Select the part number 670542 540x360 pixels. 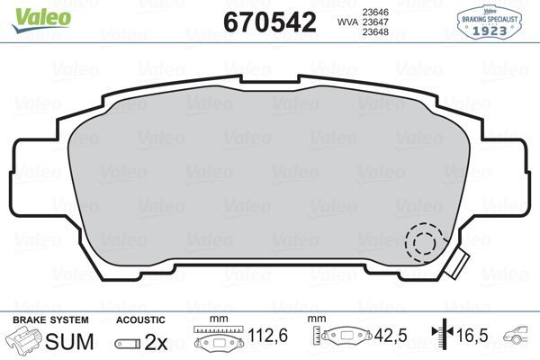[268, 22]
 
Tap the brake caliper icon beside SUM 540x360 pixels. [24, 341]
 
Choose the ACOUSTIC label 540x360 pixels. [141, 319]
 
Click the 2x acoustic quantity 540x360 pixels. [157, 341]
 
